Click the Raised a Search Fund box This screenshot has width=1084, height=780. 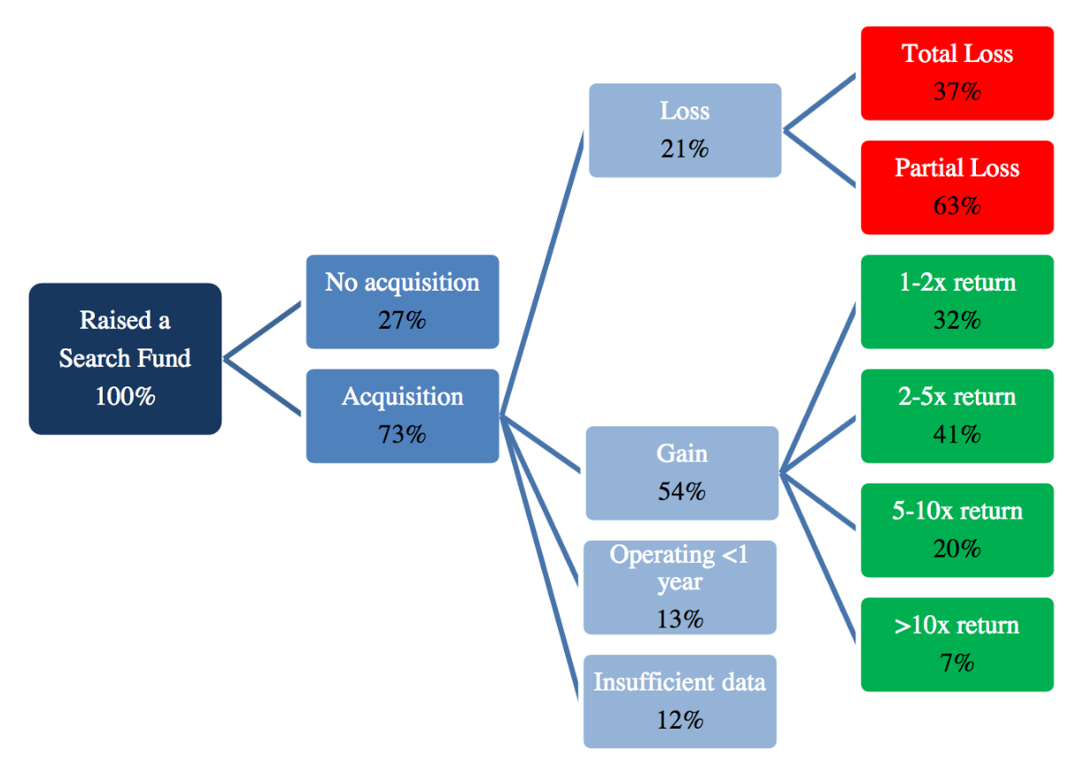[126, 359]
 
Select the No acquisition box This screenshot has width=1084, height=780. [403, 302]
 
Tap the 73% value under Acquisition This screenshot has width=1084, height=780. [402, 434]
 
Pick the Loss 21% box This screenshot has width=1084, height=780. [685, 130]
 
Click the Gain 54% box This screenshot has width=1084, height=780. [682, 473]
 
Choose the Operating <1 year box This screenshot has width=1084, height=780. [680, 588]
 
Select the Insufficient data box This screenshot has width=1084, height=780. [680, 702]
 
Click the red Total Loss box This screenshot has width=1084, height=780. [957, 74]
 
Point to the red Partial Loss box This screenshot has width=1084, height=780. [957, 188]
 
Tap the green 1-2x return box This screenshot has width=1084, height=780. [957, 302]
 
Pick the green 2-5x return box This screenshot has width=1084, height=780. [957, 417]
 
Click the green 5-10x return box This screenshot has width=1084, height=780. [957, 531]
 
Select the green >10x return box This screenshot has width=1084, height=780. [957, 645]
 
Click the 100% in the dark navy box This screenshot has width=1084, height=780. [126, 396]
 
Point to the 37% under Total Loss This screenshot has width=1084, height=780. [957, 91]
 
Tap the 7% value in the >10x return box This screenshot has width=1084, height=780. [956, 663]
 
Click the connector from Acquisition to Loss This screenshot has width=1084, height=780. [542, 273]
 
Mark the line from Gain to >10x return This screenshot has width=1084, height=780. [817, 558]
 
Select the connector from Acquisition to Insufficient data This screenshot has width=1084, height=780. [539, 558]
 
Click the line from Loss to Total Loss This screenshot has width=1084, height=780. [819, 102]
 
